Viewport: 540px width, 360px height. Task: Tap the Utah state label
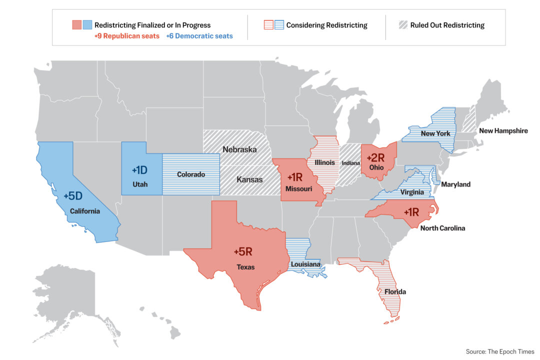click(x=140, y=184)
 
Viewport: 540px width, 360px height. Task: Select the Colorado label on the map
click(x=191, y=174)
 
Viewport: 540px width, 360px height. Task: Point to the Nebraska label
click(x=239, y=149)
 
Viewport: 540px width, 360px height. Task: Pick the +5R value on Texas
click(x=245, y=252)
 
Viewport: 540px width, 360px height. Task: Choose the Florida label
click(x=395, y=291)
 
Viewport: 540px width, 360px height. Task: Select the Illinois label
click(x=324, y=162)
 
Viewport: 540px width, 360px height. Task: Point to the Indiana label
click(x=351, y=163)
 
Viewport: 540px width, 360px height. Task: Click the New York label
click(x=435, y=133)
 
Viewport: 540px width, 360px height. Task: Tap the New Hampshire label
click(x=503, y=131)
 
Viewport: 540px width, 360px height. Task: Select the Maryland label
click(x=455, y=184)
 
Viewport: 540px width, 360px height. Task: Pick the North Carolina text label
click(x=443, y=228)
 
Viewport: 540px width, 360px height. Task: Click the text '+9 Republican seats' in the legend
click(x=127, y=36)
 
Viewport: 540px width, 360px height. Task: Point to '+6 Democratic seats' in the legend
click(x=199, y=36)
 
